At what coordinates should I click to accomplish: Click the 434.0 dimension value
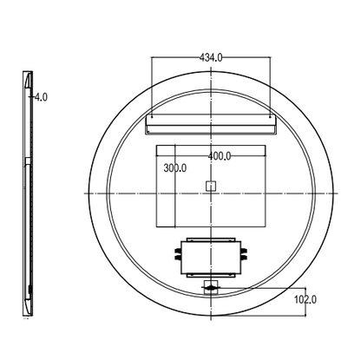click(x=211, y=58)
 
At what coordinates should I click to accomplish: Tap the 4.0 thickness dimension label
click(x=41, y=97)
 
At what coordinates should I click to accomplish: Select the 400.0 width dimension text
click(x=220, y=156)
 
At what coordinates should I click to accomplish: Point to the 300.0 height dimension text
click(x=175, y=167)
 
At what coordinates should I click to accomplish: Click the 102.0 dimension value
click(x=305, y=299)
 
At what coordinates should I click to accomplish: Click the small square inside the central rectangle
click(x=211, y=186)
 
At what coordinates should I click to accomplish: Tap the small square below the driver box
click(x=211, y=287)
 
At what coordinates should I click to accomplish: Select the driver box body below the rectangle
click(x=211, y=258)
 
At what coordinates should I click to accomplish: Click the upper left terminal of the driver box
click(x=178, y=250)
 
